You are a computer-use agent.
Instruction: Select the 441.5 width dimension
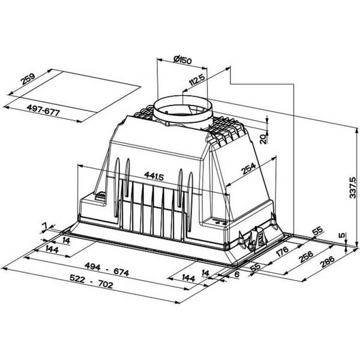(x=154, y=176)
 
